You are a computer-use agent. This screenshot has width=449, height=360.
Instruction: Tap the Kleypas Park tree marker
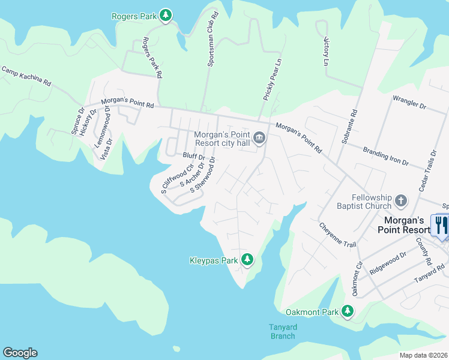click(247, 260)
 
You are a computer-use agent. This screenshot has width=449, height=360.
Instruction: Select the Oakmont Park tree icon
click(347, 311)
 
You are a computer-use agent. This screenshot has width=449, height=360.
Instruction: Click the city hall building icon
click(259, 139)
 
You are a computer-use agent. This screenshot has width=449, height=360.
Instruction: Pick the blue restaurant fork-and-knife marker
click(442, 226)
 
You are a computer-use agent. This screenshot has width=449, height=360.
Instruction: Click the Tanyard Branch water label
click(282, 331)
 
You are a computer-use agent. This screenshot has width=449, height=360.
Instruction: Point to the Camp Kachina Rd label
click(26, 77)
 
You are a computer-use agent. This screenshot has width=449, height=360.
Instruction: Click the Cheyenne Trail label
click(337, 235)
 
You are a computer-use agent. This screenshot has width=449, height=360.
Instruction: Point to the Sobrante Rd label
click(349, 128)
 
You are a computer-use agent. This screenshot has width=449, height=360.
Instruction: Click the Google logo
click(20, 353)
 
